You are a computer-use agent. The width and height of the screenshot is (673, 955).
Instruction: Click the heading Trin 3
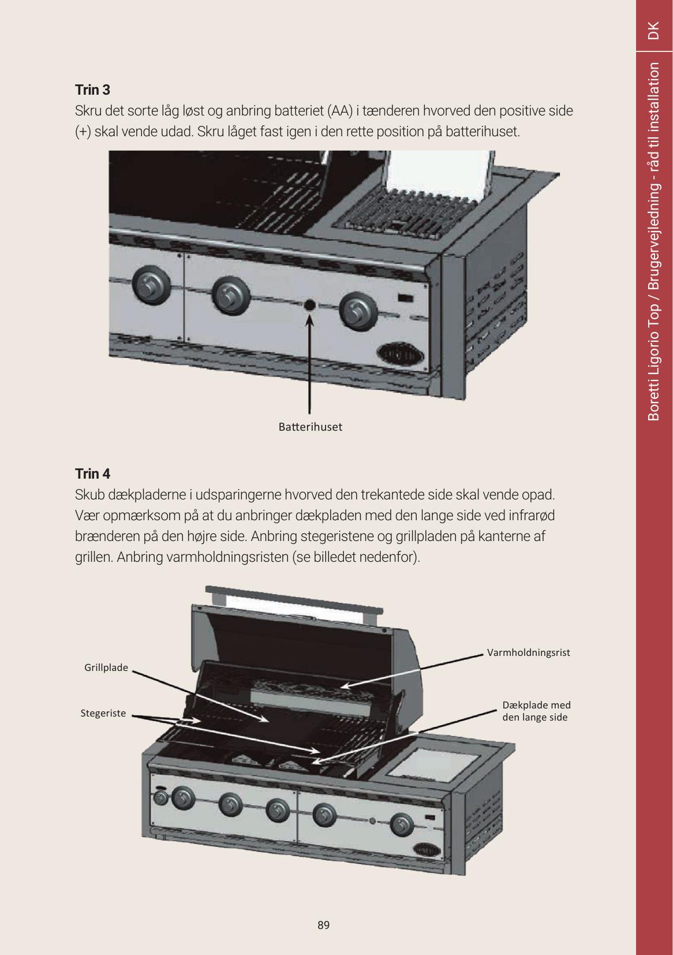(x=92, y=90)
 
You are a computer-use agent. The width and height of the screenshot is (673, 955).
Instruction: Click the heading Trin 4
(x=92, y=473)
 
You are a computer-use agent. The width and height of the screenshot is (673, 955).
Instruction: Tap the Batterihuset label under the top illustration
(x=311, y=427)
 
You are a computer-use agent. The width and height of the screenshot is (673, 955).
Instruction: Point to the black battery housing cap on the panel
(x=310, y=305)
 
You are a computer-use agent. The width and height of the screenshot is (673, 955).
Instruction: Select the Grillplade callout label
(x=106, y=667)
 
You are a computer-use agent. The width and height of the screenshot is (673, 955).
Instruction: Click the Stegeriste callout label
(x=103, y=713)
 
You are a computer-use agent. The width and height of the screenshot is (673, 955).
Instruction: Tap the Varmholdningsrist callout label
(x=529, y=652)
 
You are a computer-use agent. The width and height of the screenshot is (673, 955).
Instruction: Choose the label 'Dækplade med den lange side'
(x=536, y=711)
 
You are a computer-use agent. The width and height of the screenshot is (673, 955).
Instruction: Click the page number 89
(x=323, y=925)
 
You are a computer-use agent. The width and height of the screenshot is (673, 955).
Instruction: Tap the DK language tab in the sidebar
(x=653, y=30)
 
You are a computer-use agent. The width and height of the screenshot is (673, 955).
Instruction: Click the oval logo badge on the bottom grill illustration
(x=427, y=849)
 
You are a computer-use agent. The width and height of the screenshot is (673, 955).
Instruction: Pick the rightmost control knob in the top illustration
(x=358, y=311)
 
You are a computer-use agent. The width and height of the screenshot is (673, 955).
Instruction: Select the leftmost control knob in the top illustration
(x=151, y=285)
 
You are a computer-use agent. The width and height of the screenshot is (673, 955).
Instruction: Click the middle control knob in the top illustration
(x=231, y=296)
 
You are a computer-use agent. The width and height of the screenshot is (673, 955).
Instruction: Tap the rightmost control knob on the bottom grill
(x=401, y=824)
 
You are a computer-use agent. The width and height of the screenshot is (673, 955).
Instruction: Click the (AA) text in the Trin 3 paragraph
(x=340, y=111)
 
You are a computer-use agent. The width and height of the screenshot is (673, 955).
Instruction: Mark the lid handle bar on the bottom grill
(x=294, y=599)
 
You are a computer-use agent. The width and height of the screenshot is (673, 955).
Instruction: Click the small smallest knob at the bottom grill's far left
(x=160, y=798)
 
